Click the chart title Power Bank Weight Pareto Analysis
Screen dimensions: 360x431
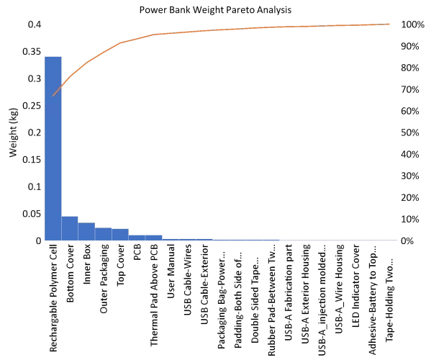pyautogui.click(x=214, y=10)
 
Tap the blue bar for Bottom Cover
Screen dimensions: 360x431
pyautogui.click(x=70, y=228)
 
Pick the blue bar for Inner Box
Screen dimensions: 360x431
pyautogui.click(x=86, y=231)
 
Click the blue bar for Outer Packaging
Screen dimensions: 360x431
pyautogui.click(x=104, y=234)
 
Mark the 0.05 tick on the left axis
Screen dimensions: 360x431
pyautogui.click(x=32, y=214)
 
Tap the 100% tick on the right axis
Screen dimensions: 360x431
pyautogui.click(x=411, y=24)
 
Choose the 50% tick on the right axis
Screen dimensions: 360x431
pyautogui.click(x=409, y=132)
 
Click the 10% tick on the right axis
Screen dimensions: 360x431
pyautogui.click(x=409, y=219)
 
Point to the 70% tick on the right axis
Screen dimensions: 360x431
pyautogui.click(x=409, y=89)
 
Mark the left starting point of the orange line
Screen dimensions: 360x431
pyautogui.click(x=53, y=96)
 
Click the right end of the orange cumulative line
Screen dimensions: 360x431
pyautogui.click(x=389, y=24)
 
